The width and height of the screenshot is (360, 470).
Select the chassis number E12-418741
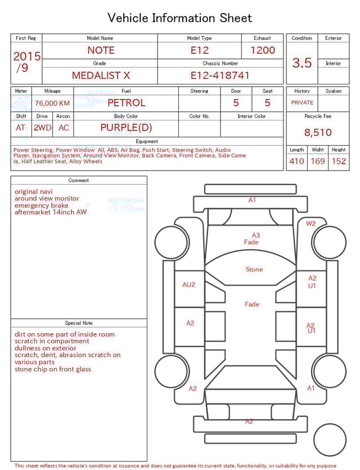pyautogui.click(x=219, y=75)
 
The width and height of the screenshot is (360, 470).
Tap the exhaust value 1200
pyautogui.click(x=263, y=50)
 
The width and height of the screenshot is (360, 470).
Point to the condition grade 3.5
pyautogui.click(x=302, y=63)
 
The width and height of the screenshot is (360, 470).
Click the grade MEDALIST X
pyautogui.click(x=101, y=75)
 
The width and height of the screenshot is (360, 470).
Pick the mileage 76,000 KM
pyautogui.click(x=52, y=103)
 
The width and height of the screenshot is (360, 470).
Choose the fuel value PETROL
pyautogui.click(x=126, y=103)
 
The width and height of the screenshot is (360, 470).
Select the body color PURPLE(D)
pyautogui.click(x=126, y=128)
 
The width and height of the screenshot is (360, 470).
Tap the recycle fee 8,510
pyautogui.click(x=318, y=133)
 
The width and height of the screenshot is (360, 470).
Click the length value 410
pyautogui.click(x=296, y=162)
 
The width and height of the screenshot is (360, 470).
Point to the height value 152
pyautogui.click(x=339, y=162)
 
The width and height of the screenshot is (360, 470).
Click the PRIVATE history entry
pyautogui.click(x=302, y=103)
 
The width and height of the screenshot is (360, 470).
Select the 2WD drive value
pyautogui.click(x=42, y=128)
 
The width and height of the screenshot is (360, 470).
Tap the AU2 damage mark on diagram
pyautogui.click(x=188, y=285)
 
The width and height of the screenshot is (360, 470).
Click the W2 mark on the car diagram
pyautogui.click(x=310, y=223)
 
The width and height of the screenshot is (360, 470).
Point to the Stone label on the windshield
pyautogui.click(x=254, y=270)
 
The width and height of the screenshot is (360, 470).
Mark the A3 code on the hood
pyautogui.click(x=255, y=235)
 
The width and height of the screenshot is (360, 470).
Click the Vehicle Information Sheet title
pyautogui.click(x=180, y=18)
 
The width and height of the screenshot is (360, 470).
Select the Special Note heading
pyautogui.click(x=79, y=323)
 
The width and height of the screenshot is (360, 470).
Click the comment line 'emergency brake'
pyautogui.click(x=42, y=205)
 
